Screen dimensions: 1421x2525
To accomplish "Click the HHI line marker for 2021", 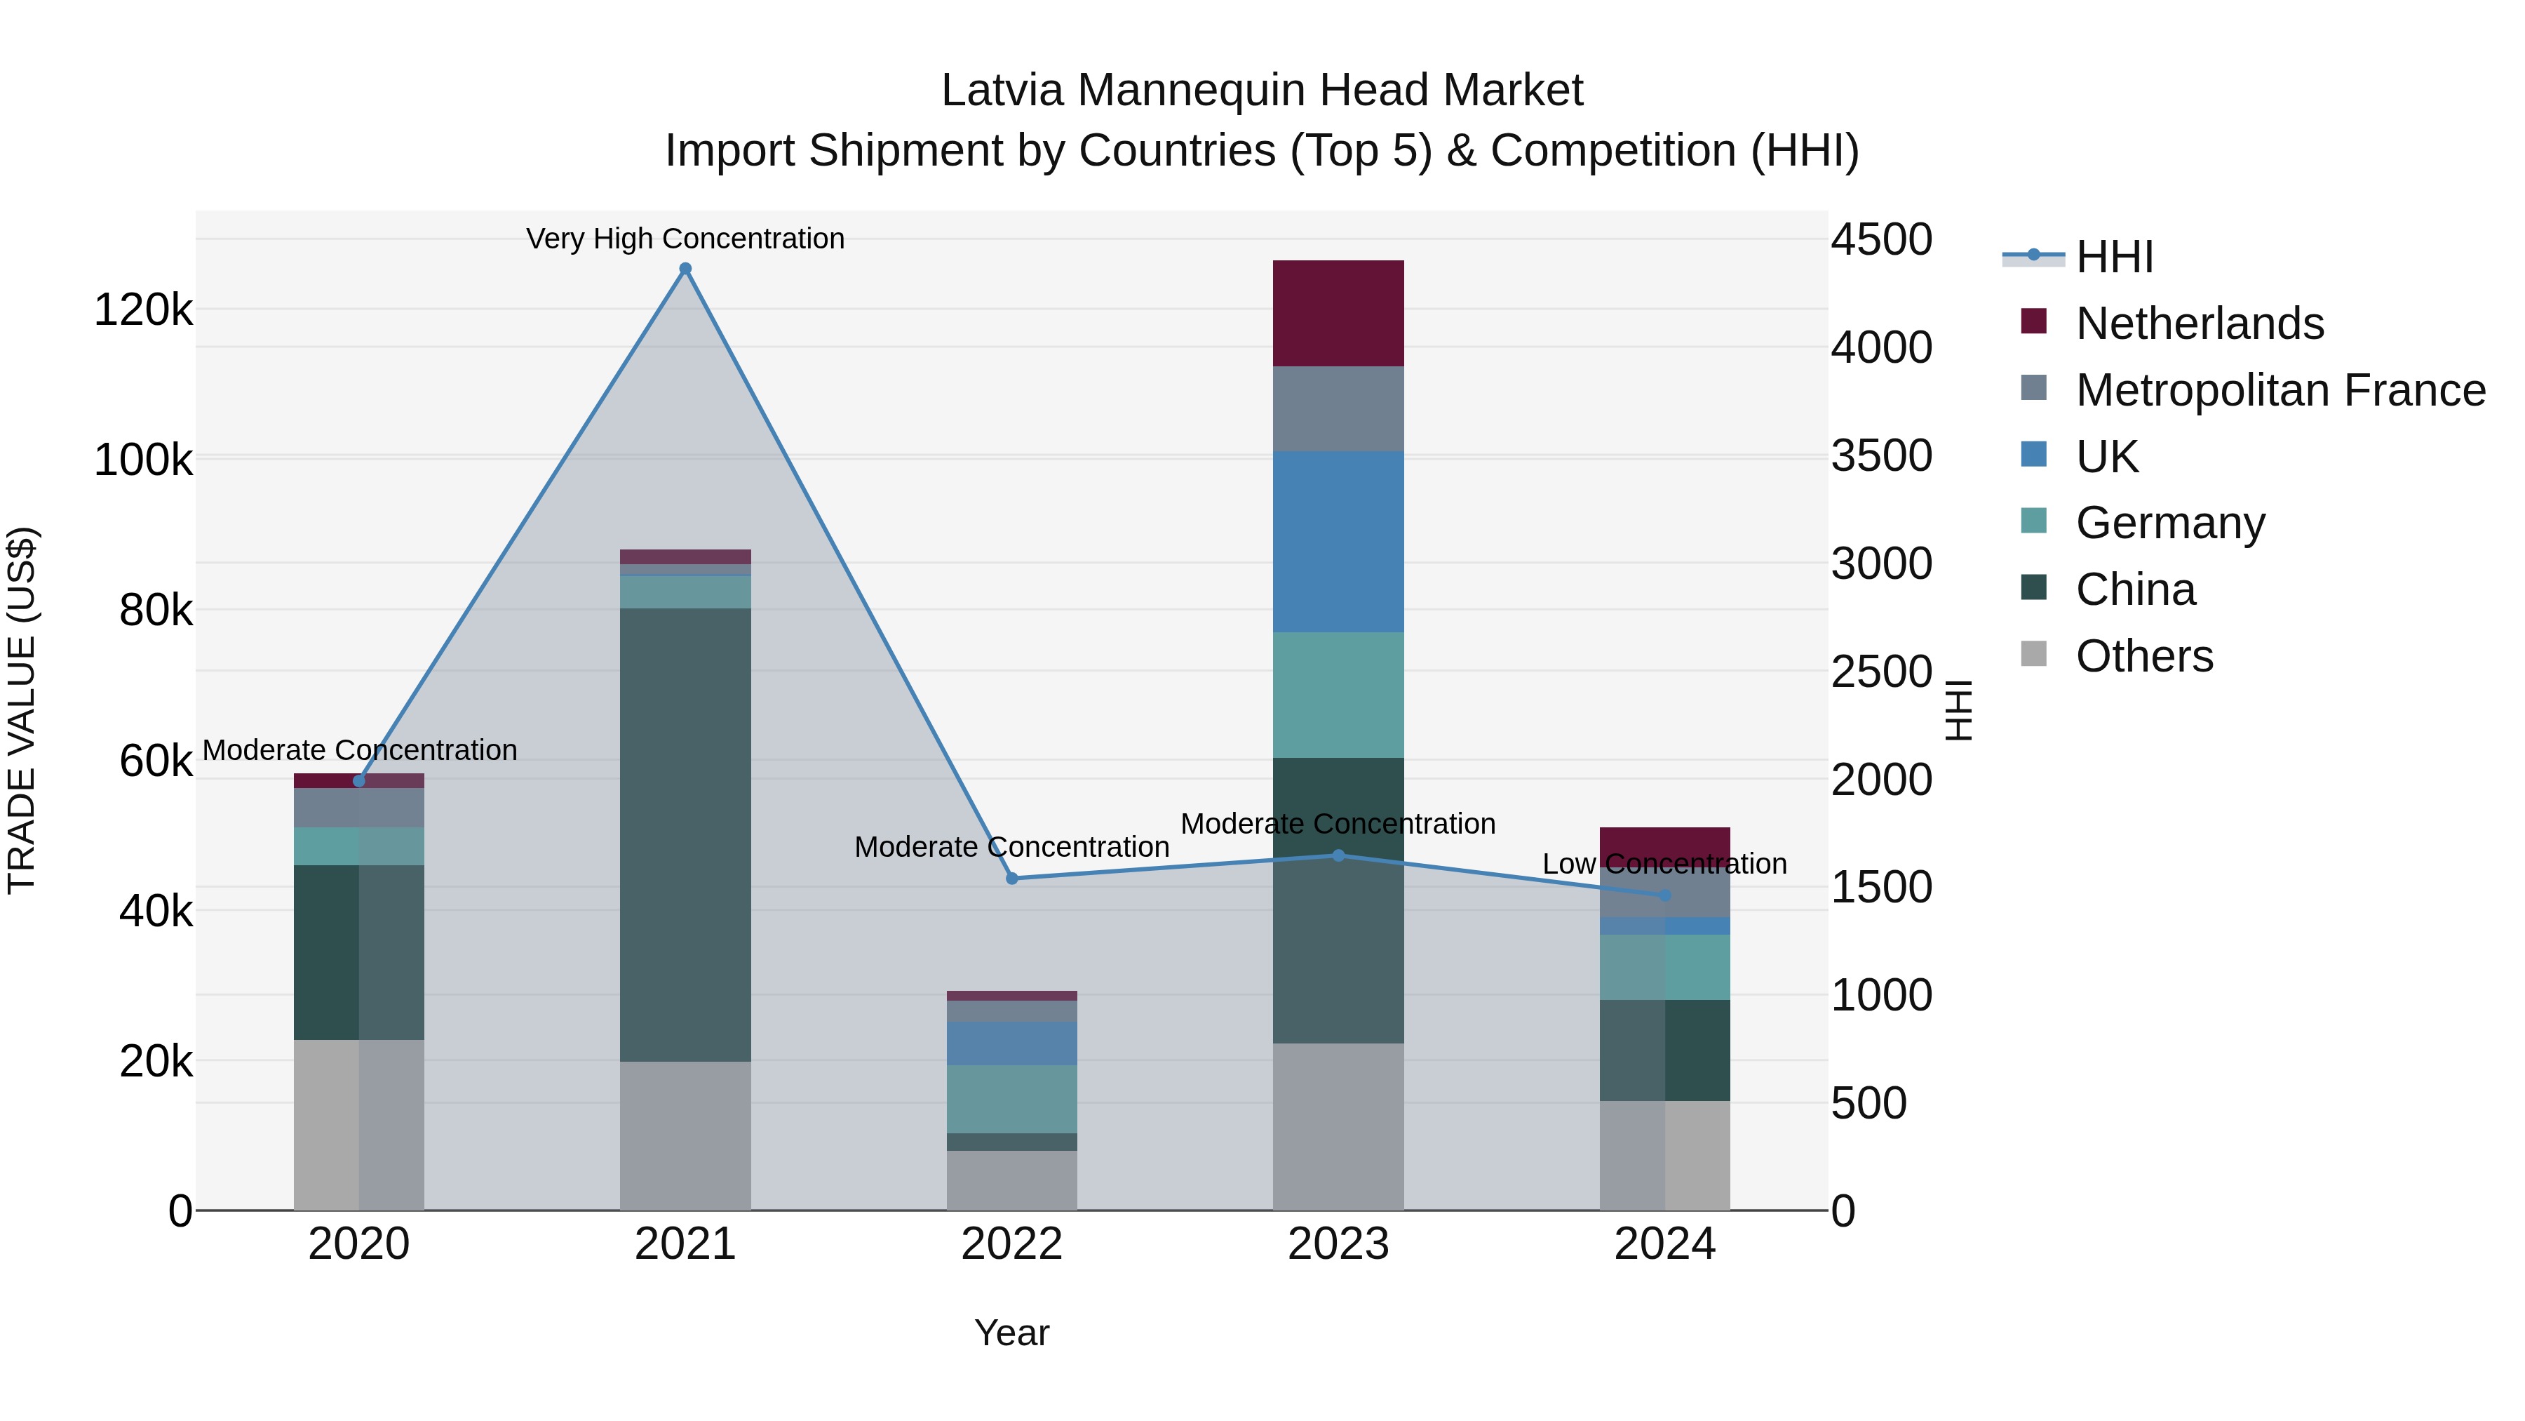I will coord(685,269).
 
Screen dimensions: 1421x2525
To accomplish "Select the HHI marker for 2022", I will coord(1013,879).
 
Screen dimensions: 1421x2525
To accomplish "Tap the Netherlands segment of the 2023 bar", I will coord(1338,313).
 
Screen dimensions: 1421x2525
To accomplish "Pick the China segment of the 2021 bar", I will coord(685,834).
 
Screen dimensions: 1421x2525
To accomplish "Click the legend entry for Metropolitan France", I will coord(2280,389).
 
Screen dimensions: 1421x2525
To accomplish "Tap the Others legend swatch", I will coord(2034,654).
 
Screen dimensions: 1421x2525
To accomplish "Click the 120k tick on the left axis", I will coord(143,310).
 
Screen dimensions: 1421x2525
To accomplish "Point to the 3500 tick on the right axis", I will coord(1881,456).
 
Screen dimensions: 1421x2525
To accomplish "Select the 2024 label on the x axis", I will coord(1664,1244).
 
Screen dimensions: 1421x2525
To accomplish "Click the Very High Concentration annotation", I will coord(685,239).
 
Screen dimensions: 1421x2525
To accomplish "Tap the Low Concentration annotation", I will coord(1664,864).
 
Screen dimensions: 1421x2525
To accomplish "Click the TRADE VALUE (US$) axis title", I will coord(22,710).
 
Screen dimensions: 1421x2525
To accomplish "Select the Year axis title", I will coord(1011,1333).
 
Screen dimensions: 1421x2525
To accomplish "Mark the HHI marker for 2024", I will coord(1664,895).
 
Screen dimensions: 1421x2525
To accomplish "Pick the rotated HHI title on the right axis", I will coord(1958,710).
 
